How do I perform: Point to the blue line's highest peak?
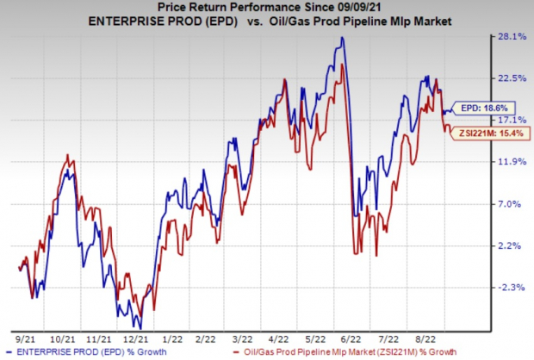(343, 38)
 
